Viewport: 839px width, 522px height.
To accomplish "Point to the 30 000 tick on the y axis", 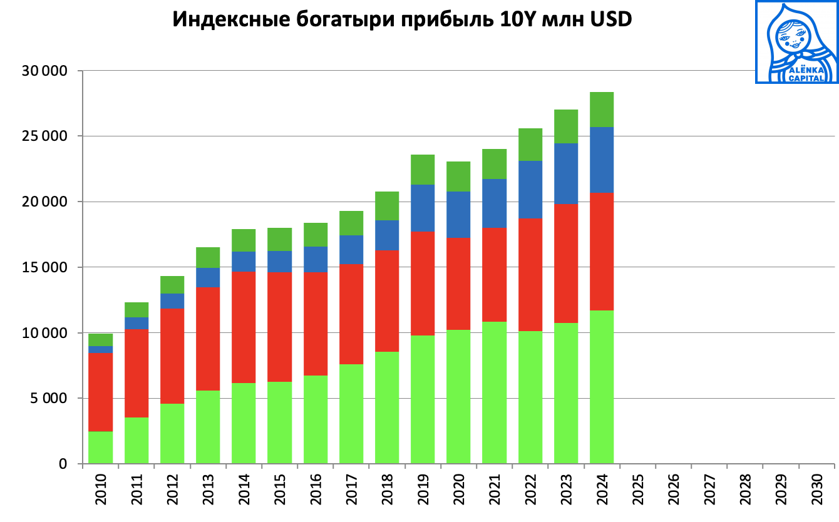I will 45,71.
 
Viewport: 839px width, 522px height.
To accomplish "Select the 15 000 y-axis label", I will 45,267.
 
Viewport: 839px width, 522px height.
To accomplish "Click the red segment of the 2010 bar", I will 100,392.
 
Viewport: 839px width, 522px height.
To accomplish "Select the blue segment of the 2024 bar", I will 601,160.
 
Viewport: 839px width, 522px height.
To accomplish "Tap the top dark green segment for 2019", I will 422,170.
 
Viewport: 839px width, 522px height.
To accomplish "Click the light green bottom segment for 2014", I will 243,423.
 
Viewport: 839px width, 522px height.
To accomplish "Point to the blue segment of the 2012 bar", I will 172,301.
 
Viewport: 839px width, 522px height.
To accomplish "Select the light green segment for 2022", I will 530,397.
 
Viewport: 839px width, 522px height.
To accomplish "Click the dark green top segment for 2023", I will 565,126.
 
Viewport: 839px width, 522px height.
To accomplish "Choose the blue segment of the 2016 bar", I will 315,259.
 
